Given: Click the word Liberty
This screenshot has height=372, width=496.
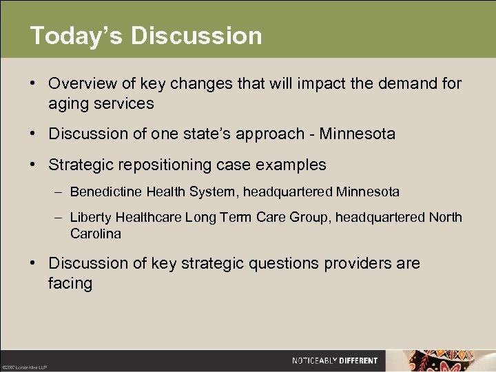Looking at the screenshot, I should coord(91,218).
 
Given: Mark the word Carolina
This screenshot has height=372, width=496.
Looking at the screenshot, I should coord(95,234).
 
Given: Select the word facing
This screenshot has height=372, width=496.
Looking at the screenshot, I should coord(70,282).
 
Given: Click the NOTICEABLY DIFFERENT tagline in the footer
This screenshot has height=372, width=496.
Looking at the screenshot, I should coord(335,360).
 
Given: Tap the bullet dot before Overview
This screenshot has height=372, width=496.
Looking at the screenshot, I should coord(33,84).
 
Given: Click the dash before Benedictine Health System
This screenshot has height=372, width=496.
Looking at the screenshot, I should coord(60,191).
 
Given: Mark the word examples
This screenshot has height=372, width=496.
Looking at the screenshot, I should coord(293,165).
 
